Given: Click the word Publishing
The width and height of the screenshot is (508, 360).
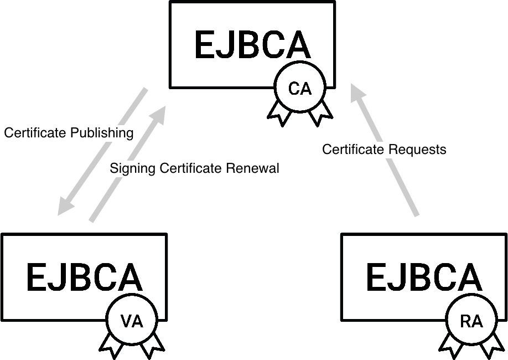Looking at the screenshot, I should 102,133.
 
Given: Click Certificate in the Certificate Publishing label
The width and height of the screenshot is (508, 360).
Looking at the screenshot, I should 36,133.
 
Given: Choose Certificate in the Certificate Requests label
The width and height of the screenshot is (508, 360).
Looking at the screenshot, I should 354,150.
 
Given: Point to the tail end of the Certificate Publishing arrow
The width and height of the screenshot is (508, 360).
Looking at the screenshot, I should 146,90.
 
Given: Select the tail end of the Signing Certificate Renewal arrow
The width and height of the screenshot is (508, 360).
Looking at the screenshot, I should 92,220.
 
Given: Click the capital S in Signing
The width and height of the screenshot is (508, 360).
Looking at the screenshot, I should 113,168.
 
